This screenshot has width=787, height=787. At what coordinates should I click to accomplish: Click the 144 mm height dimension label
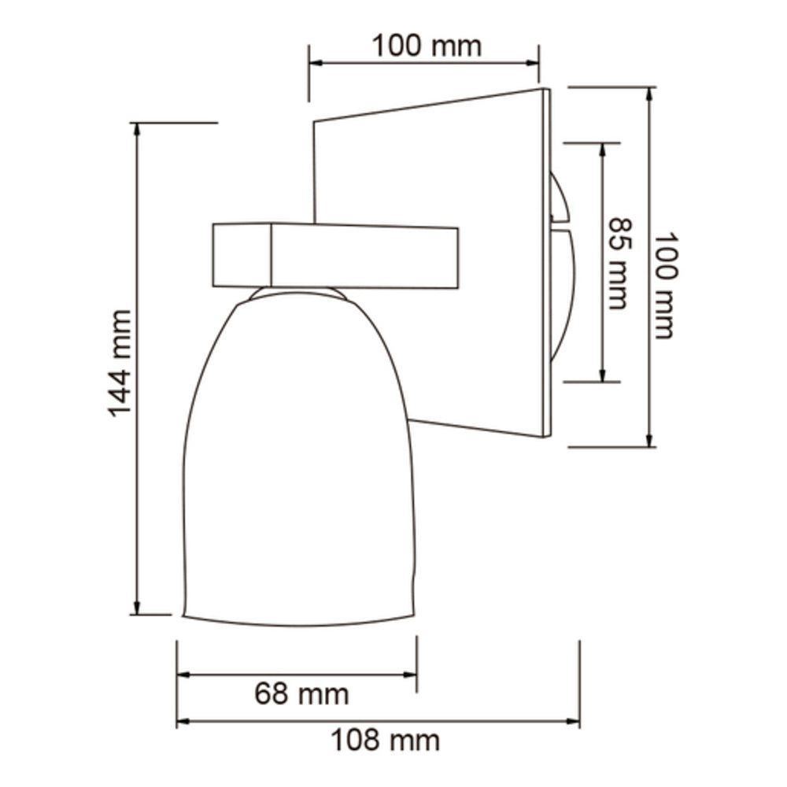(119, 363)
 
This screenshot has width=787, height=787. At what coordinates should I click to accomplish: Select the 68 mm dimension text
(301, 694)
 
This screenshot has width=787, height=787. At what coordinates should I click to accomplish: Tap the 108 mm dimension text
(384, 741)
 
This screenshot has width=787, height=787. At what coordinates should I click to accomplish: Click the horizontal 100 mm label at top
(426, 46)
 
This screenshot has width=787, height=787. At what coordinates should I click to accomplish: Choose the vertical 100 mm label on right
(665, 285)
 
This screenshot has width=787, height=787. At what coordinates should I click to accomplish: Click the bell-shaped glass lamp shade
(299, 464)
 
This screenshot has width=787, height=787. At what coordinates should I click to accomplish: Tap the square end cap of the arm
(242, 254)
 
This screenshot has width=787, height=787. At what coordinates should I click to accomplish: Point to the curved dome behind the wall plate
(563, 291)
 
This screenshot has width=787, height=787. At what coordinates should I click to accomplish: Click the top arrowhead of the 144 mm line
(138, 129)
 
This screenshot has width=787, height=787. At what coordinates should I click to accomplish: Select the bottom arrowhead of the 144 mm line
(138, 608)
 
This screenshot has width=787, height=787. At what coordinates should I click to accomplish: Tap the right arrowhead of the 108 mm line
(574, 721)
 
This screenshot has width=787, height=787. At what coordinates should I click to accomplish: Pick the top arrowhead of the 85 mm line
(602, 150)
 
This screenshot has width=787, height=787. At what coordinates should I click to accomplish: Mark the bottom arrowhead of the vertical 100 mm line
(650, 441)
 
